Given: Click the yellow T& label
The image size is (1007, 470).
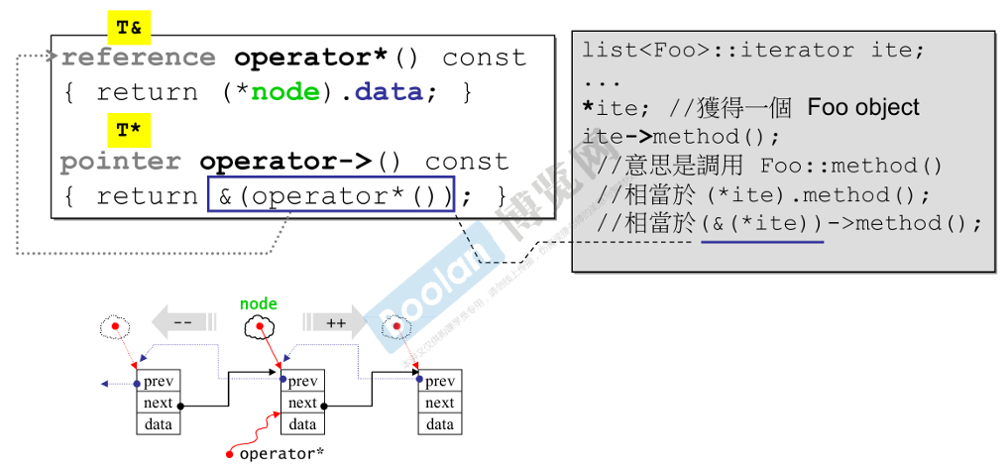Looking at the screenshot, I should pos(129,29).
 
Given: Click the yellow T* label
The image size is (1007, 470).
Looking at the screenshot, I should pos(129,130).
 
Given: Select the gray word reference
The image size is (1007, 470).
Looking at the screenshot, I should pos(138,58).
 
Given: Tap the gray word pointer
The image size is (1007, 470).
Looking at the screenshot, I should pos(120,162).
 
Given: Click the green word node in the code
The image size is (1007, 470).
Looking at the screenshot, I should pos(285,92).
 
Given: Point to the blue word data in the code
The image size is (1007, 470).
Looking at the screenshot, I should pos(390,92).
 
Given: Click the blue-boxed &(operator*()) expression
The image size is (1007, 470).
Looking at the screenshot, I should pos(331,195).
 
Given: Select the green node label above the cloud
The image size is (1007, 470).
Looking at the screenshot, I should pos(259,303).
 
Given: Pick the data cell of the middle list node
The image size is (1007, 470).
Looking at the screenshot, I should pos(302,424).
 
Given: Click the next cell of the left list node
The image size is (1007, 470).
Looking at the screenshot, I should pos(158,403).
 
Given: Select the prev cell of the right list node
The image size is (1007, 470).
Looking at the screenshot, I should pos(440,381).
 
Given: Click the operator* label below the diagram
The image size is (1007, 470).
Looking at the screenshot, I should pos(281,453).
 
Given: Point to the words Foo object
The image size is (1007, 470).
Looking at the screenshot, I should pos(863,107).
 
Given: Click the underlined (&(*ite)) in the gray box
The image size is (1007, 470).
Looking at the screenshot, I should pos(762,223).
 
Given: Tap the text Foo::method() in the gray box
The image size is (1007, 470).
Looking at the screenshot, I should pos(851,166).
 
